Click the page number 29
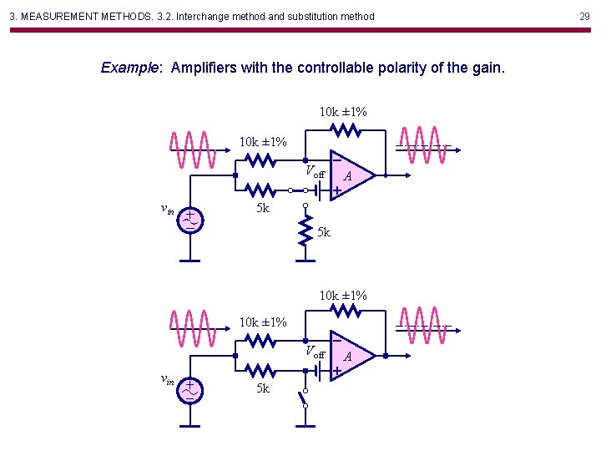tap(584, 16)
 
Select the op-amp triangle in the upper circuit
tap(351, 175)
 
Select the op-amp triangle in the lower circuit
tap(351, 355)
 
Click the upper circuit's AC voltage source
tap(191, 219)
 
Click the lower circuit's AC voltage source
tap(191, 388)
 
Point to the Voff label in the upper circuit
tap(314, 172)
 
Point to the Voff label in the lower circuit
tap(314, 352)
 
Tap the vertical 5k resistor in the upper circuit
tap(306, 234)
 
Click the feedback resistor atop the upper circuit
tap(345, 129)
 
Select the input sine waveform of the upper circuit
tap(194, 150)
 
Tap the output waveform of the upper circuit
tap(423, 147)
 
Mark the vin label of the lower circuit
tap(167, 380)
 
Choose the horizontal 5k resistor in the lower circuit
tap(261, 371)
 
